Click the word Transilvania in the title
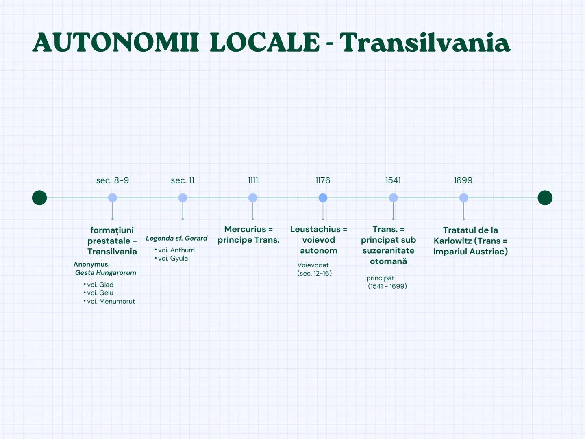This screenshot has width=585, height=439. tap(425, 43)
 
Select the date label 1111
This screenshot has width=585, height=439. tap(253, 180)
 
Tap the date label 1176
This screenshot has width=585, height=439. tap(323, 180)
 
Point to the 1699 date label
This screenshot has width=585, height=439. tap(463, 180)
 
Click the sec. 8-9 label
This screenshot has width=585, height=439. tap(113, 180)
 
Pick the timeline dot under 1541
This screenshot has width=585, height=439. tap(393, 198)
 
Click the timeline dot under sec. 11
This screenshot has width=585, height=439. tap(183, 198)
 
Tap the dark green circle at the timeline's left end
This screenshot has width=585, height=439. tap(39, 198)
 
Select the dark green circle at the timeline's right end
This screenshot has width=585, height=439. tap(545, 198)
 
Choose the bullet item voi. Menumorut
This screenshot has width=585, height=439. tap(111, 301)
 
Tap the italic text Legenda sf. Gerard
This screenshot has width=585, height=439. tap(176, 238)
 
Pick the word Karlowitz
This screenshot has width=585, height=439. tap(452, 241)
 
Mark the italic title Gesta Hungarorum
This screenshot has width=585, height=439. tap(106, 273)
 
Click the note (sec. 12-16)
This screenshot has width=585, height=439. tap(314, 274)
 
